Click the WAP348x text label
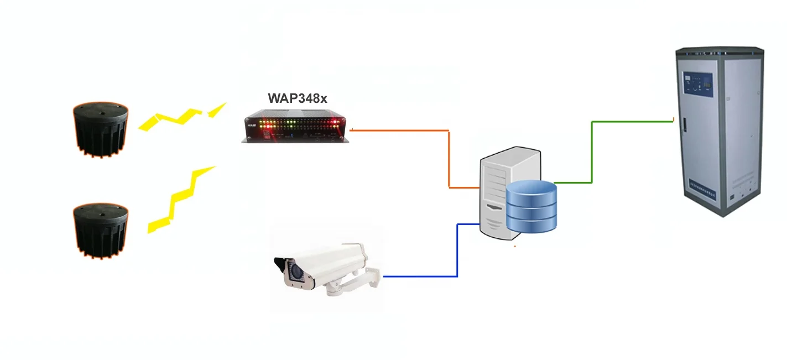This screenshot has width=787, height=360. point(298,98)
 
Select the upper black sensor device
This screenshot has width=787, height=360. point(101,129)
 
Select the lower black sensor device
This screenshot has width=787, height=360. point(101,229)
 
